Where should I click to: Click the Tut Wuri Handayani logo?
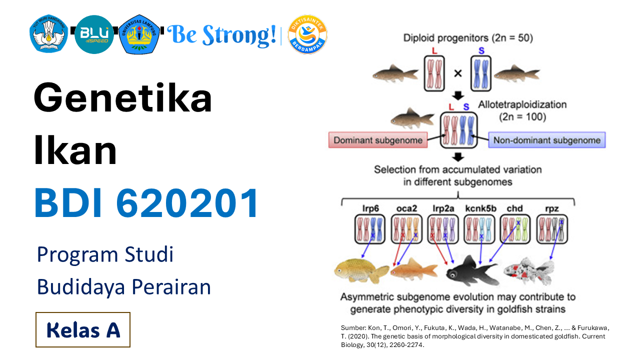coord(48,34)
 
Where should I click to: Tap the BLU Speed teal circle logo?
coord(94,34)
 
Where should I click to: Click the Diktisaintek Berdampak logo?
coord(308,34)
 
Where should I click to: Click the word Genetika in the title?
coord(123,98)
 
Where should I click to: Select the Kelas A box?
coord(83,329)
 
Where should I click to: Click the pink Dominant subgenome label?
coord(378,140)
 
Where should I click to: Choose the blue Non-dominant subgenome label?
coord(547,140)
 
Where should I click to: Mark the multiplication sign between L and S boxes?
coord(457,73)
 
